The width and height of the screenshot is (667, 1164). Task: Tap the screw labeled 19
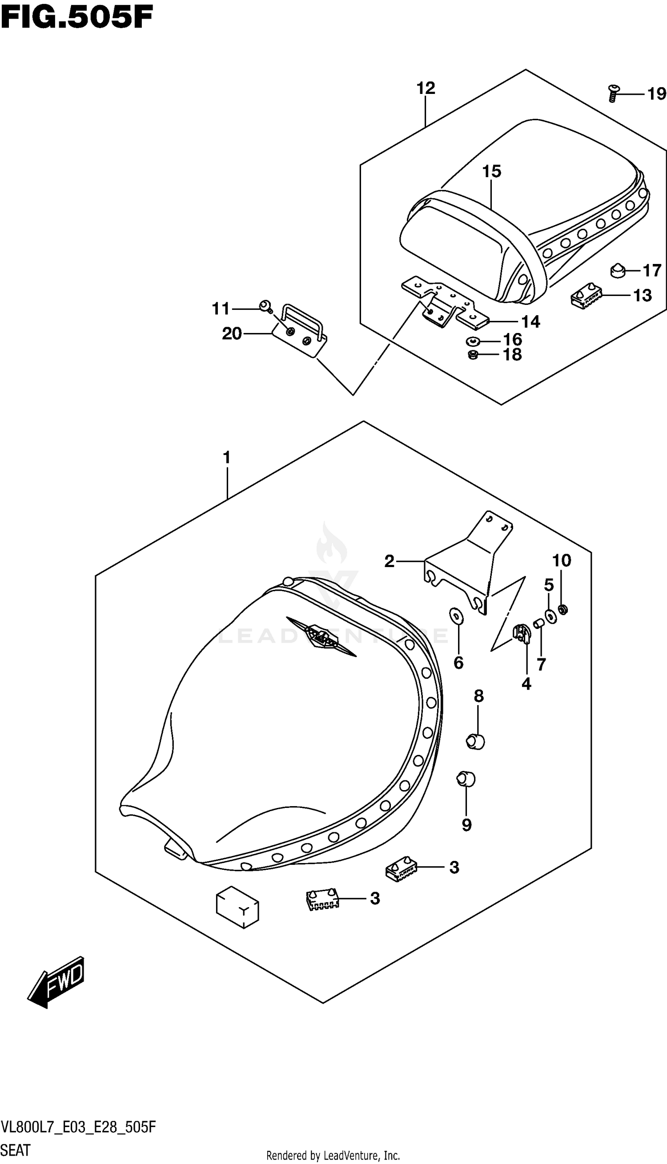point(612,93)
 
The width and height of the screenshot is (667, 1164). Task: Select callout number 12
point(426,88)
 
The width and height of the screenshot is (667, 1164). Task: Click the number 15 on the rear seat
point(491,171)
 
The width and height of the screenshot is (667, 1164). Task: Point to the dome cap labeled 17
point(619,271)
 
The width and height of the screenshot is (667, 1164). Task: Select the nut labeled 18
point(473,354)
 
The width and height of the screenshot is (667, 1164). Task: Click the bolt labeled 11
point(265,306)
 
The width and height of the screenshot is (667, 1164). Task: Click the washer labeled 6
point(457,616)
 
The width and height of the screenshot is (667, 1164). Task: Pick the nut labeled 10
point(563,609)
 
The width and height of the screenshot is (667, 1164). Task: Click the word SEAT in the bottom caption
point(16,1150)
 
